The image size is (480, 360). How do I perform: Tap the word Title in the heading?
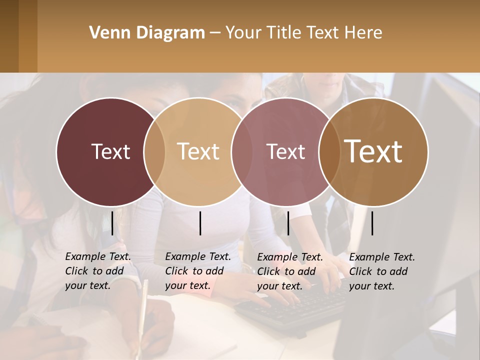[x=284, y=33]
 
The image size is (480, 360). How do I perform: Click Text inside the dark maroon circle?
[x=110, y=151]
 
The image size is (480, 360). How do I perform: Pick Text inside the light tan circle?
[x=198, y=151]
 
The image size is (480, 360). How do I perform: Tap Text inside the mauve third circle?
[x=285, y=151]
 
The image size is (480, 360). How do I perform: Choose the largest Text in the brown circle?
[x=373, y=151]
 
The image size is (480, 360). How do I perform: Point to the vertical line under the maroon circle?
[x=112, y=223]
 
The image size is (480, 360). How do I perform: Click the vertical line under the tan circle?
[x=200, y=223]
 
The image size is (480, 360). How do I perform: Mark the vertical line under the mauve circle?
[x=288, y=223]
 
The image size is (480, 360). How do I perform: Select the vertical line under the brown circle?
[x=372, y=223]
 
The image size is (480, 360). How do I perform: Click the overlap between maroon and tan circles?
[x=154, y=152]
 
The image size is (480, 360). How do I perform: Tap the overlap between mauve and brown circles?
[x=329, y=152]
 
